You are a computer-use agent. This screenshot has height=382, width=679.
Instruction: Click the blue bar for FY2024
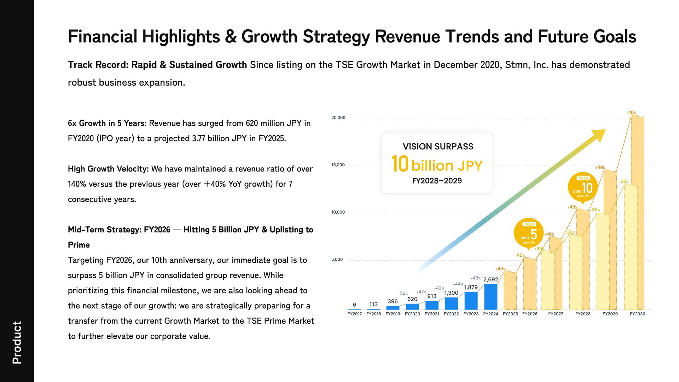491,297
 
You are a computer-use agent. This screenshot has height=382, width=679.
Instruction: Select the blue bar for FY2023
471,301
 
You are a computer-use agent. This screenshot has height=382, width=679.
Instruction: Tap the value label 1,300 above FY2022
451,293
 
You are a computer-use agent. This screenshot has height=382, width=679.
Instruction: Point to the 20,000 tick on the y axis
338,118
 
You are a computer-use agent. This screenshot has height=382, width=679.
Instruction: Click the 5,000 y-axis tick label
337,260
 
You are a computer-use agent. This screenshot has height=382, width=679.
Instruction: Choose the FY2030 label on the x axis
637,314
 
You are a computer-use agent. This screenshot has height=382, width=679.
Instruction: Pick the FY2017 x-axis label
354,314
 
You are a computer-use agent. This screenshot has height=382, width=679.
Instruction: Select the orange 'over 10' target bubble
583,187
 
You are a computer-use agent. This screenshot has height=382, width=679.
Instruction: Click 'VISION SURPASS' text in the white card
438,146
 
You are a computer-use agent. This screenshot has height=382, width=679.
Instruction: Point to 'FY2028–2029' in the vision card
437,181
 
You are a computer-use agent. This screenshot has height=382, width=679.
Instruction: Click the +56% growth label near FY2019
403,294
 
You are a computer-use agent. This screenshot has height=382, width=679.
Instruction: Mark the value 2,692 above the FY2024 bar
491,279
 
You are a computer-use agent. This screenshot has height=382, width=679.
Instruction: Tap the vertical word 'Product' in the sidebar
17,342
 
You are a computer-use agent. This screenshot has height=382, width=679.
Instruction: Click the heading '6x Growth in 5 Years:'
107,123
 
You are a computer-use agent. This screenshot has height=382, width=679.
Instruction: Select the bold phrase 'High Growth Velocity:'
108,169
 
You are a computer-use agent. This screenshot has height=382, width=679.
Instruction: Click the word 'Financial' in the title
103,36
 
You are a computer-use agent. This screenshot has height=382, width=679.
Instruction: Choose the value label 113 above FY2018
373,305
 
